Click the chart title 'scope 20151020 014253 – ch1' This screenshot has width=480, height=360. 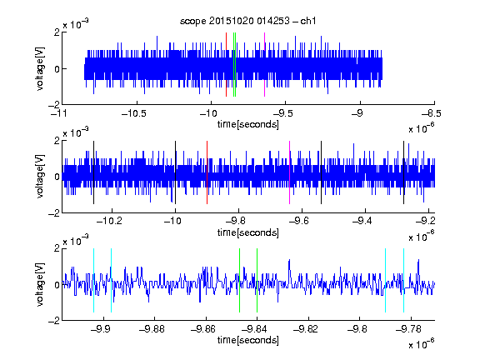point(247,21)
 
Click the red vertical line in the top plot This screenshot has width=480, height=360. point(226,65)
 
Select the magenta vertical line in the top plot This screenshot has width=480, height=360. point(264,65)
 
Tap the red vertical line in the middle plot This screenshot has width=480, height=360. point(207,172)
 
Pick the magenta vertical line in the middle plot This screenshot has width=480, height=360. point(290,172)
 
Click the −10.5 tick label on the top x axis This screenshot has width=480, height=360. point(134,113)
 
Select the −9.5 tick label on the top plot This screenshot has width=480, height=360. point(282,113)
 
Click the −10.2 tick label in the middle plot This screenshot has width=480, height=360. point(109,220)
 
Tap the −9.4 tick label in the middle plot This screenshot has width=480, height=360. point(362,220)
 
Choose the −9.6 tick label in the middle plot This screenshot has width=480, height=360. point(298,220)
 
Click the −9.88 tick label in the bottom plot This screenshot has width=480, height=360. point(152,329)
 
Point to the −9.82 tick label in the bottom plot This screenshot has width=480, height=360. point(306,329)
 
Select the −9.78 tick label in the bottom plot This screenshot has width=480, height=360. point(408,329)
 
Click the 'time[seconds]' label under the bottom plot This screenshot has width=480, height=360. point(248,340)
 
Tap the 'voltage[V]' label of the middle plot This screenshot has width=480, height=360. point(40,177)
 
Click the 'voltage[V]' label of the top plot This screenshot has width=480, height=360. point(40,68)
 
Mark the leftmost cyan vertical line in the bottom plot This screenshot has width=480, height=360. point(93,280)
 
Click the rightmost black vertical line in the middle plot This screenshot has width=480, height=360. point(403,172)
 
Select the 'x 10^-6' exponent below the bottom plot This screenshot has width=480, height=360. point(422,343)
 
